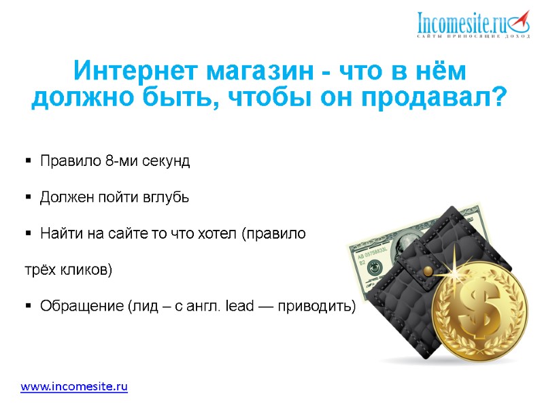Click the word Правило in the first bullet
point(70,162)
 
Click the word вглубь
point(162,198)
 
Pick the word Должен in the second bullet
point(65,198)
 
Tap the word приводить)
point(321,307)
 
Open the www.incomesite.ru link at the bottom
point(74,387)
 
